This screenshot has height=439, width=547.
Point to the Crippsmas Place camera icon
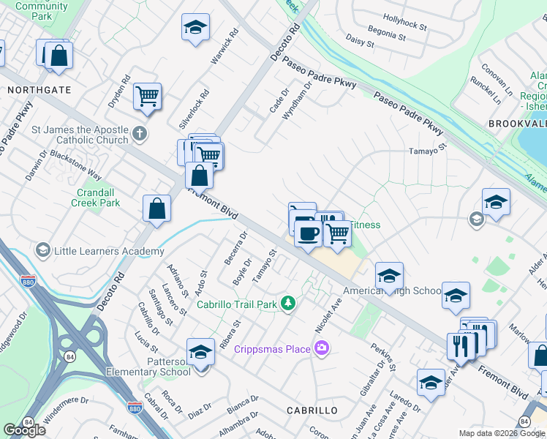320,348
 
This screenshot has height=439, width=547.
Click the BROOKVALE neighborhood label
516,124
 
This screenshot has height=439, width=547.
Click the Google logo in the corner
25,430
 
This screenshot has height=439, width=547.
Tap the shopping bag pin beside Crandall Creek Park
156,209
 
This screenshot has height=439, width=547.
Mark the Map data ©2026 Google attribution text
502,433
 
